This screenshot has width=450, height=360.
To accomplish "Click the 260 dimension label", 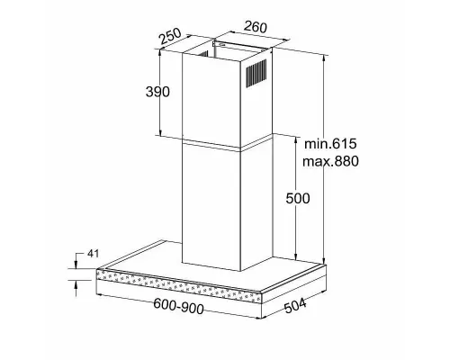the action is (x=256, y=27).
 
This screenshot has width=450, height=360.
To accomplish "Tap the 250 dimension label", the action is (x=170, y=36).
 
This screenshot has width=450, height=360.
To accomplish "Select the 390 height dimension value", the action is (x=157, y=92).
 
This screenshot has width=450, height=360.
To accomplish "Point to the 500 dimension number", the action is (x=298, y=198).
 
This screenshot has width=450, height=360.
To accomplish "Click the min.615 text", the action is (x=330, y=144).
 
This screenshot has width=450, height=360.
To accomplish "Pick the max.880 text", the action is (x=330, y=161).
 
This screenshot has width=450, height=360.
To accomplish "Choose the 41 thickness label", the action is (x=93, y=254).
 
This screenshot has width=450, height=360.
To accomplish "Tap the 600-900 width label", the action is (x=178, y=306).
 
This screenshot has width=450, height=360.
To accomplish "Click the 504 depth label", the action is (x=295, y=305).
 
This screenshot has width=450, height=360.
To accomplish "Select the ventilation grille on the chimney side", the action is (x=256, y=73).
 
